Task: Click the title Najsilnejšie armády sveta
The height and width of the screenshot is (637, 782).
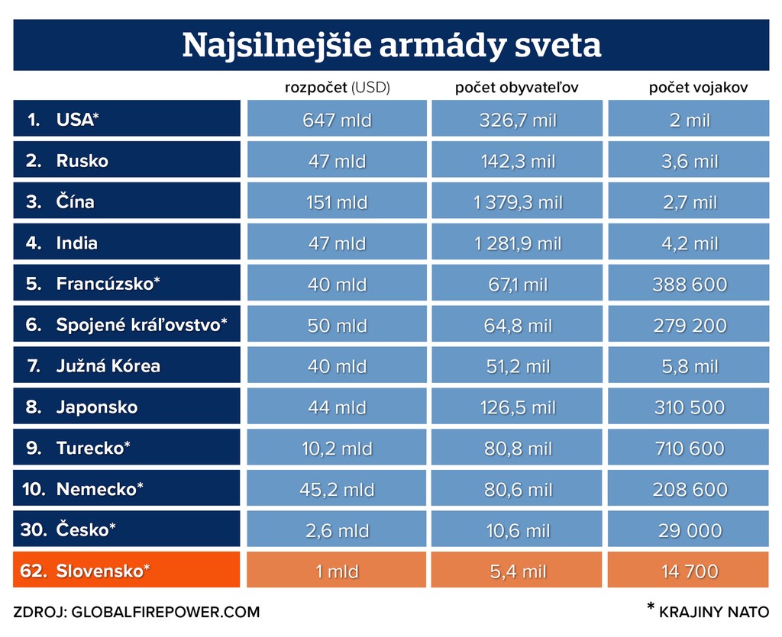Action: click(x=391, y=46)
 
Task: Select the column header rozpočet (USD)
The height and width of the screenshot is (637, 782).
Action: click(x=338, y=88)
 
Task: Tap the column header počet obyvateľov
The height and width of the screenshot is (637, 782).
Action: click(x=517, y=88)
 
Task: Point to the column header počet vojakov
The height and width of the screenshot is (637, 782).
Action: click(x=688, y=88)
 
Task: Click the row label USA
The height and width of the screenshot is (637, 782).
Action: click(x=77, y=120)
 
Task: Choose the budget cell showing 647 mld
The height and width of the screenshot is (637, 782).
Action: click(x=337, y=120)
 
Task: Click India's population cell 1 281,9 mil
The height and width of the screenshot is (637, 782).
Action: click(x=518, y=243)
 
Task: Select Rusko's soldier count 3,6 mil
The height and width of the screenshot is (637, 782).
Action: click(x=689, y=161)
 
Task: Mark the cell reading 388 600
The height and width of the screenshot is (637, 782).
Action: click(x=689, y=285)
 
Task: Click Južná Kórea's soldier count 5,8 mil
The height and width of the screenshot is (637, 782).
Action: click(x=689, y=367)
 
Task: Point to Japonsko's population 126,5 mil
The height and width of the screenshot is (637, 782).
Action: click(x=518, y=407)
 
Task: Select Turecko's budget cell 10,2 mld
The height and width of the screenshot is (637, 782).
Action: click(x=337, y=449)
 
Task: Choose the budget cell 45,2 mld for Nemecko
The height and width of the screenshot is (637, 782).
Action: click(x=337, y=490)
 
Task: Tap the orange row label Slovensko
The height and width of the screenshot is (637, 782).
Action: click(x=103, y=571)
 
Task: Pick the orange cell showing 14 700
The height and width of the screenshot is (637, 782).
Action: click(x=689, y=571)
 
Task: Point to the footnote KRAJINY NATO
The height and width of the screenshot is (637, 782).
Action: click(x=713, y=612)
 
